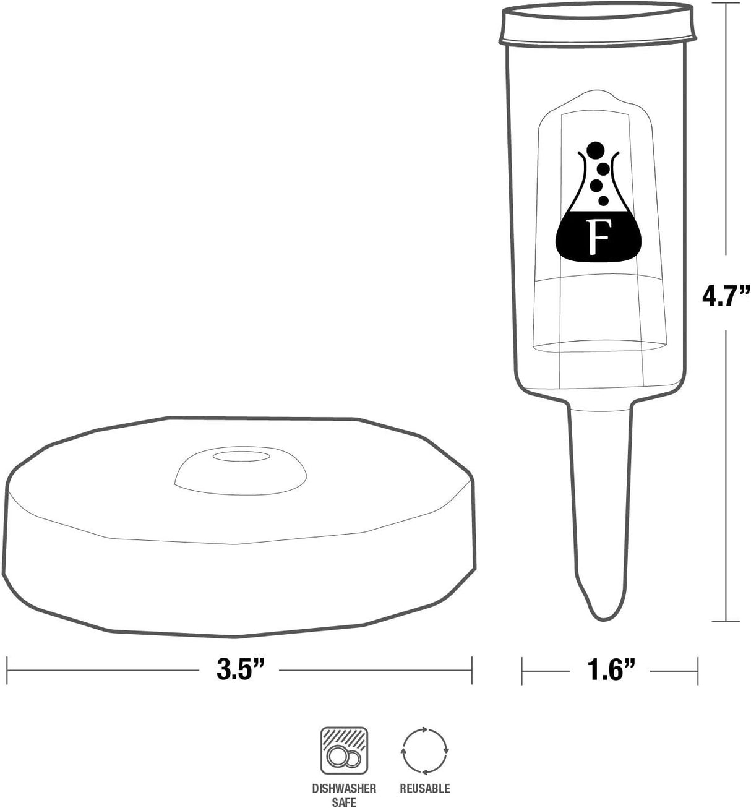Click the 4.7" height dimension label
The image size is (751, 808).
726,296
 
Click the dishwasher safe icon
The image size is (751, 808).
344,750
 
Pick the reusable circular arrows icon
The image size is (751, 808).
424,750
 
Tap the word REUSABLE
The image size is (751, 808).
424,789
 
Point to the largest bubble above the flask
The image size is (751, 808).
595,150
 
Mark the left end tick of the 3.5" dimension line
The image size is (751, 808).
7,670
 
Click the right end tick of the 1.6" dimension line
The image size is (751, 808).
698,670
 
